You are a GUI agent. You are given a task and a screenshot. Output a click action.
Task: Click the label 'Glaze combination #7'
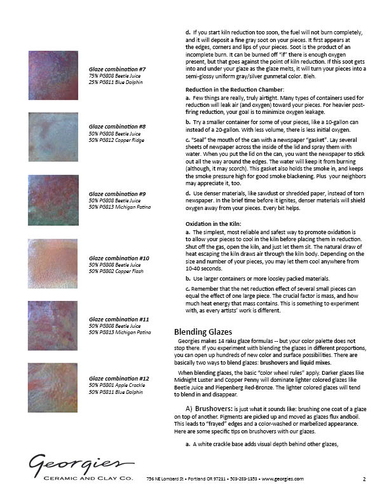coord(117,69)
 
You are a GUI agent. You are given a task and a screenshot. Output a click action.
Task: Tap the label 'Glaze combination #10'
coord(119,258)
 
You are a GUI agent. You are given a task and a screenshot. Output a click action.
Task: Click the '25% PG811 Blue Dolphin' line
coord(116,82)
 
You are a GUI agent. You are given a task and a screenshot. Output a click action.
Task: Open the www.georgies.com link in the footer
coord(281,479)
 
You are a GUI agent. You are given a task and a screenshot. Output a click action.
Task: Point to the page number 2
coord(364,479)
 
